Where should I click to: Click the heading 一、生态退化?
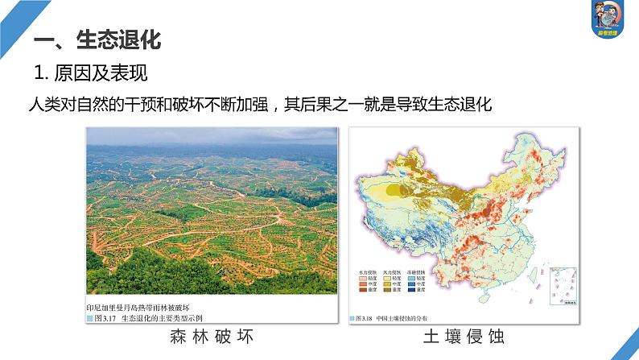(97, 39)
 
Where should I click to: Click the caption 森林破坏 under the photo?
(212, 336)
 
